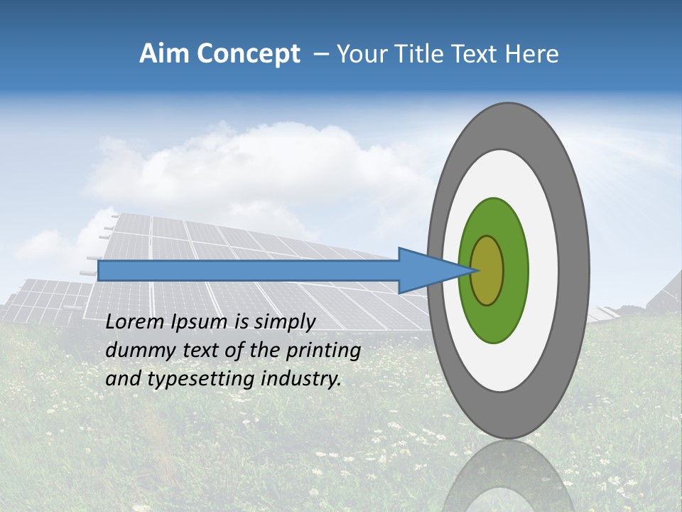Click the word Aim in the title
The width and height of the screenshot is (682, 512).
coord(164,54)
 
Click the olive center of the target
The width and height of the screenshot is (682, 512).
coord(487,271)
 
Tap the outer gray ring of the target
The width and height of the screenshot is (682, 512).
coord(576,271)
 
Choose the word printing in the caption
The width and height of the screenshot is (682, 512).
coord(324,351)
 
